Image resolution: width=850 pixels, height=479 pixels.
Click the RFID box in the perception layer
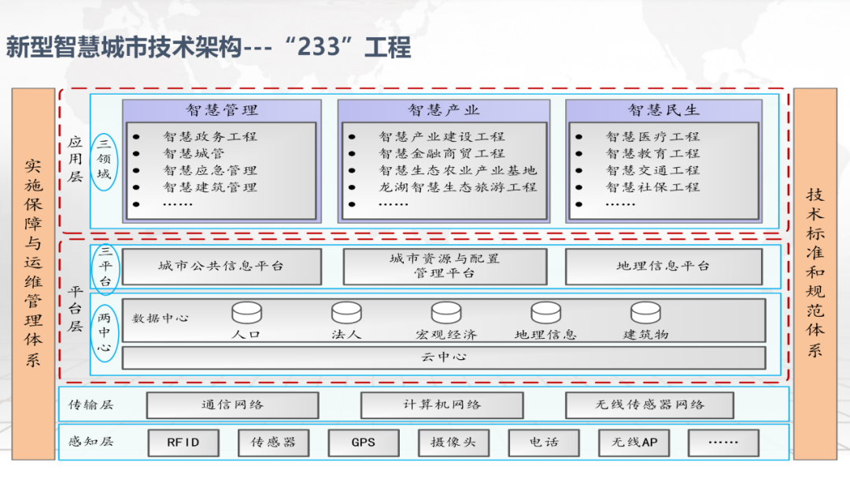click(x=183, y=443)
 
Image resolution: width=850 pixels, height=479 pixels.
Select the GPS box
click(x=364, y=443)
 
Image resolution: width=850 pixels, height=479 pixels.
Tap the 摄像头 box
click(x=453, y=443)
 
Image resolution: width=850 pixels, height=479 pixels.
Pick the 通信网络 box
click(x=232, y=405)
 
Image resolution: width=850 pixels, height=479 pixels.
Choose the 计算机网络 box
click(x=442, y=405)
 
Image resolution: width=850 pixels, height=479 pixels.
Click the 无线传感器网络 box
click(x=649, y=405)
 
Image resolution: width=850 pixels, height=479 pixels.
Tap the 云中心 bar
click(x=444, y=358)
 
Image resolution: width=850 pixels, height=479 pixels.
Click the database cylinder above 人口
click(x=246, y=313)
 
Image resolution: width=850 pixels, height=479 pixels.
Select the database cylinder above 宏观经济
click(x=445, y=313)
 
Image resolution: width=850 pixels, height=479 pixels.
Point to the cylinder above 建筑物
click(x=645, y=313)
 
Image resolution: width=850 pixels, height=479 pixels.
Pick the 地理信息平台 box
click(x=663, y=266)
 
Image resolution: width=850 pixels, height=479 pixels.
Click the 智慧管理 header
click(x=222, y=110)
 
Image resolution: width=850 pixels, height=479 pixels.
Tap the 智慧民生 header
click(x=663, y=110)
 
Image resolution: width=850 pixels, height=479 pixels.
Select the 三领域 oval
click(x=104, y=162)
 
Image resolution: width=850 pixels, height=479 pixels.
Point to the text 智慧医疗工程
click(x=652, y=137)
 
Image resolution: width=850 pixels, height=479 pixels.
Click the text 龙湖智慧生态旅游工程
click(x=457, y=188)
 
